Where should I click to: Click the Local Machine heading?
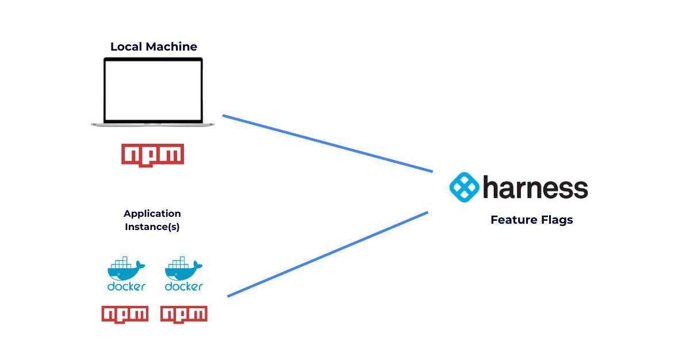pyautogui.click(x=154, y=47)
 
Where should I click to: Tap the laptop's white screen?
pyautogui.click(x=153, y=89)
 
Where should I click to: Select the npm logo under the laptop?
pyautogui.click(x=152, y=155)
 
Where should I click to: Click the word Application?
pyautogui.click(x=152, y=214)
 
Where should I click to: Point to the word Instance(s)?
pyautogui.click(x=152, y=227)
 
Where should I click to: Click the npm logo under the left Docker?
pyautogui.click(x=125, y=314)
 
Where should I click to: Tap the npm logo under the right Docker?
pyautogui.click(x=183, y=314)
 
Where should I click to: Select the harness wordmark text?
pyautogui.click(x=535, y=187)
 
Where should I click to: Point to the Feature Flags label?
pyautogui.click(x=531, y=220)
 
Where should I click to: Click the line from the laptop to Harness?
pyautogui.click(x=328, y=144)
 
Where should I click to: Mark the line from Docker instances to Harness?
pyautogui.click(x=328, y=254)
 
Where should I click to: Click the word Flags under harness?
pyautogui.click(x=555, y=220)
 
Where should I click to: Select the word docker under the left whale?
pyautogui.click(x=126, y=286)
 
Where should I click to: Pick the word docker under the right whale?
pyautogui.click(x=183, y=286)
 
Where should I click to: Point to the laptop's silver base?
pyautogui.click(x=152, y=124)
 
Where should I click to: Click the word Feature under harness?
pyautogui.click(x=512, y=220)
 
